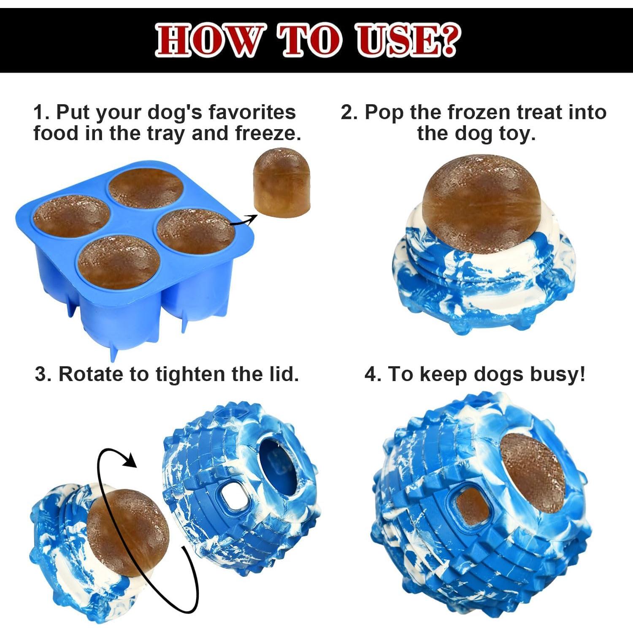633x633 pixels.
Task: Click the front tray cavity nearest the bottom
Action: [x=118, y=260]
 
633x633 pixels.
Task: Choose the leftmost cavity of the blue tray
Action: [x=71, y=217]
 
